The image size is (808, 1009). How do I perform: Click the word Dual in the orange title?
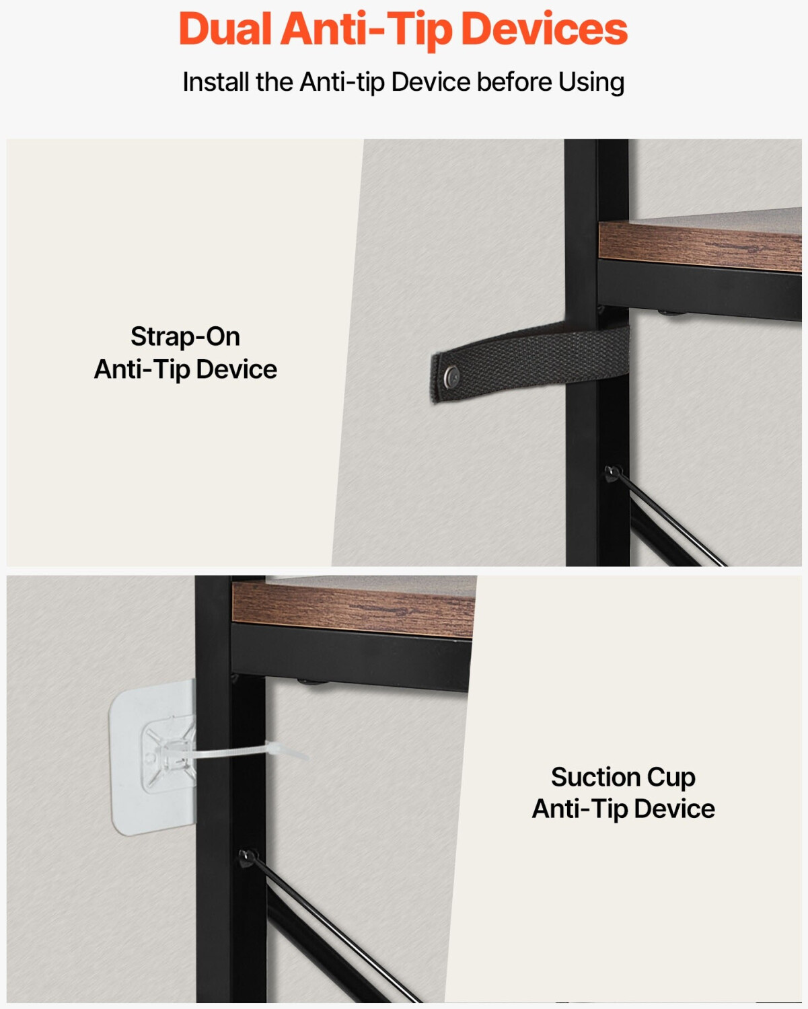tap(225, 29)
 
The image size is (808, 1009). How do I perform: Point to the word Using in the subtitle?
tap(591, 83)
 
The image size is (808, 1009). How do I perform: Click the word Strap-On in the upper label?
tap(185, 336)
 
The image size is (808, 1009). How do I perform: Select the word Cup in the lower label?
tap(671, 778)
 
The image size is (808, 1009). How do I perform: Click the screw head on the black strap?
tap(452, 376)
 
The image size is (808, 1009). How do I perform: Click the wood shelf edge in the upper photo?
tap(700, 247)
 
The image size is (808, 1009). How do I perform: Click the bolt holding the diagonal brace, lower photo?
tap(248, 858)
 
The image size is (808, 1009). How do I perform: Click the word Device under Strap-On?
tap(236, 369)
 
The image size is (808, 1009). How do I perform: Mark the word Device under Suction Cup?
tap(674, 809)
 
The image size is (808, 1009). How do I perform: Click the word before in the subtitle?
tap(515, 82)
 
